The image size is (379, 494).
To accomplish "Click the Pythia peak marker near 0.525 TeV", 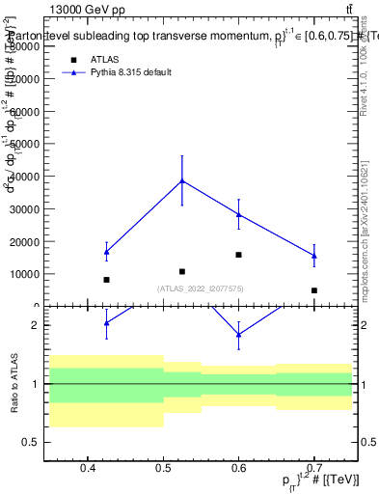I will click(x=182, y=180).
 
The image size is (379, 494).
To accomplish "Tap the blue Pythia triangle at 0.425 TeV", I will click(x=106, y=252).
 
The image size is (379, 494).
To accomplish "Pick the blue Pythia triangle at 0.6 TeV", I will click(x=238, y=214).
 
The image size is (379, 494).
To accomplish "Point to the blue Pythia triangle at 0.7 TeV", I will click(x=313, y=256).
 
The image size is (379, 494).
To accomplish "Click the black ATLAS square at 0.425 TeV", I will click(x=106, y=280).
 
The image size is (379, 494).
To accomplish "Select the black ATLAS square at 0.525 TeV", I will click(x=182, y=271).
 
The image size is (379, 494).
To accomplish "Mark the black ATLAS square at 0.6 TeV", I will click(x=238, y=255).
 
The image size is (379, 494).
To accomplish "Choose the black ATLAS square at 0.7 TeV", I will click(x=313, y=289).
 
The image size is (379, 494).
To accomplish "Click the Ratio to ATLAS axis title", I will click(x=14, y=383).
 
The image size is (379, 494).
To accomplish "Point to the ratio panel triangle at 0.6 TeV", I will click(x=238, y=334).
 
